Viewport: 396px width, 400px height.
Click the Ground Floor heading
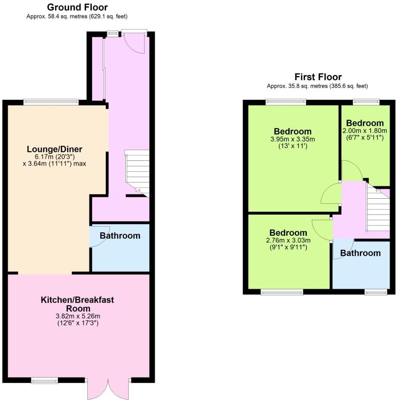[x=77, y=7]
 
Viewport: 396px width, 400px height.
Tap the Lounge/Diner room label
[x=54, y=149]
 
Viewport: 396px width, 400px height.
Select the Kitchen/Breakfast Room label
[x=77, y=304]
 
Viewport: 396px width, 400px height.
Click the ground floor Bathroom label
[x=120, y=235]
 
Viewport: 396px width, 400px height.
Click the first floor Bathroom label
[x=360, y=253]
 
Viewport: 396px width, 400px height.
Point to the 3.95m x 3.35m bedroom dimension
[x=292, y=139]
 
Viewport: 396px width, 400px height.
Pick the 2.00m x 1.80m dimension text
[x=365, y=131]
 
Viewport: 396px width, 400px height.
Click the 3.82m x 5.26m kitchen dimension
[x=77, y=316]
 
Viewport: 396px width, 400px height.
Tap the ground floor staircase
[x=137, y=172]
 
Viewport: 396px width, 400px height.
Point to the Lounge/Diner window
[x=51, y=101]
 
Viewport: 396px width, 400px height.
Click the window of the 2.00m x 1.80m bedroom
[x=366, y=101]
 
